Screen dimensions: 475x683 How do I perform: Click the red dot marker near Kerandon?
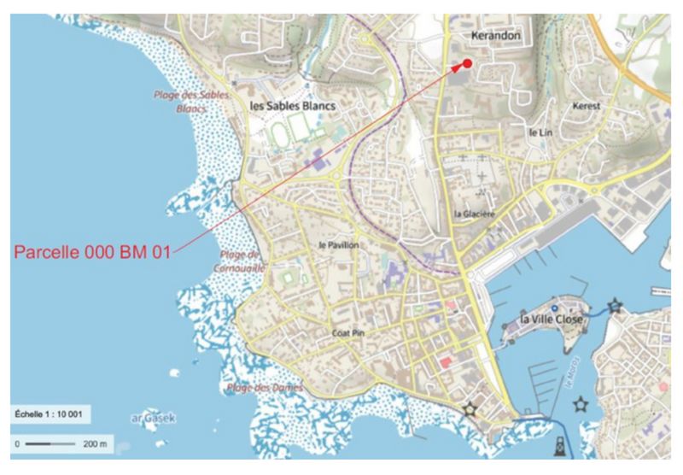click(467, 64)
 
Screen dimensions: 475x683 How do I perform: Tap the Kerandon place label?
click(496, 38)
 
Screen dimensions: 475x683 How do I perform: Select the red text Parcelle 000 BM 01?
click(92, 252)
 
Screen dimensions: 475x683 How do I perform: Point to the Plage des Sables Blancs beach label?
click(190, 101)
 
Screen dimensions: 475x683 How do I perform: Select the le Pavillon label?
click(338, 245)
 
